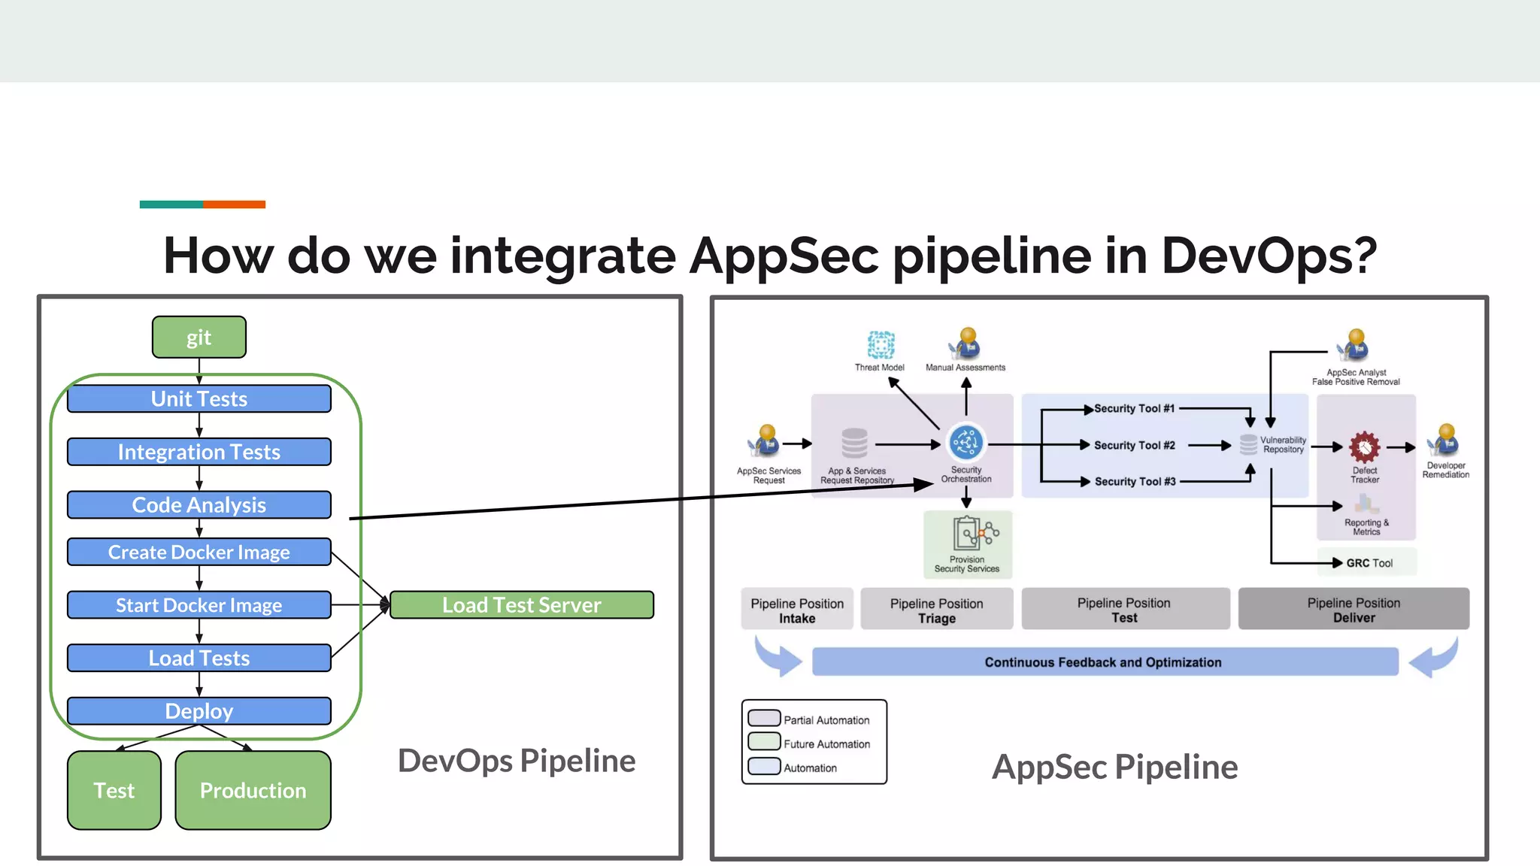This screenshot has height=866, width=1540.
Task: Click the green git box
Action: pos(199,338)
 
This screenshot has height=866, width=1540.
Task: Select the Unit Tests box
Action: pos(199,399)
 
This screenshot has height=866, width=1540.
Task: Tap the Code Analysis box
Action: pos(199,505)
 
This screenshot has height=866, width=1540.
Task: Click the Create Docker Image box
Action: pos(199,553)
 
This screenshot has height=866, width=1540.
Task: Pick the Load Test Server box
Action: pos(522,605)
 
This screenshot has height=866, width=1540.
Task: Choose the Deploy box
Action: pos(199,711)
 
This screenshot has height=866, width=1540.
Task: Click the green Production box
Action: pos(253,791)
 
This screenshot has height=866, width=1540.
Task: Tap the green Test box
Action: pos(114,791)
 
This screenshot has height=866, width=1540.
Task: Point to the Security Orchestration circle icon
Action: pos(966,443)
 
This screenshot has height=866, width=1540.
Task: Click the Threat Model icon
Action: pos(881,345)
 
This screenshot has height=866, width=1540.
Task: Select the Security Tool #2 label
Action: pos(1134,446)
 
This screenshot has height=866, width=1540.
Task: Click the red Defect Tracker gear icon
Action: pos(1364,447)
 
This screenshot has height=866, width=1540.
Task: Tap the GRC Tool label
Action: pos(1369,563)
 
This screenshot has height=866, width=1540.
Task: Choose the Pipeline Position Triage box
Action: pos(936,610)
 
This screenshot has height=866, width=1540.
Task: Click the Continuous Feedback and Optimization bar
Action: pos(1105,662)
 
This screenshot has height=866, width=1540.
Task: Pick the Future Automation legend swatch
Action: pos(764,742)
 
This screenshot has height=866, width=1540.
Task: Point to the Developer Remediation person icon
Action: pos(1446,440)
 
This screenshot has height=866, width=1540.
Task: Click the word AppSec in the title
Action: pos(784,256)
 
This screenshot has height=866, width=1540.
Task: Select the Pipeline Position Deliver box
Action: pos(1354,610)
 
